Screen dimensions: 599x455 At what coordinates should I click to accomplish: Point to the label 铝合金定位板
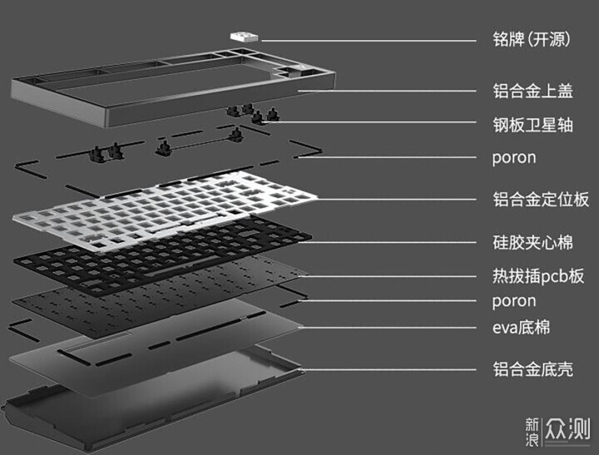coord(540,200)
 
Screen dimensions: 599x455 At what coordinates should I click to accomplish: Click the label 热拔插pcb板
coord(537,276)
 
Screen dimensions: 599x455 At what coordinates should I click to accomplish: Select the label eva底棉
coord(520,328)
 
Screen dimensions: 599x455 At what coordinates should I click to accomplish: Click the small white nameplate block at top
coord(243,34)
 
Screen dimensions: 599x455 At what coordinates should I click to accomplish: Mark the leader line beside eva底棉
coord(391,328)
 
